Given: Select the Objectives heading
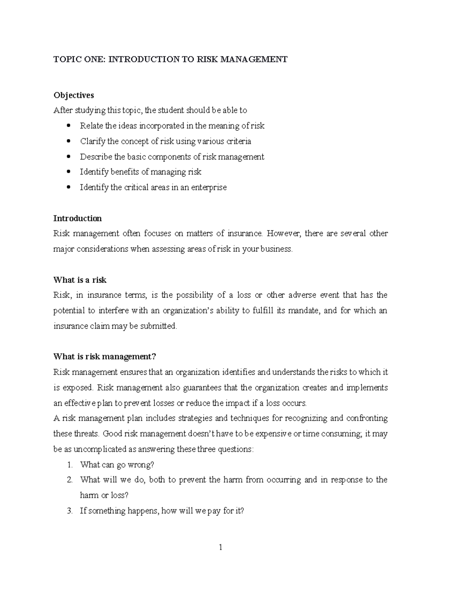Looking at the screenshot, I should coord(74,95).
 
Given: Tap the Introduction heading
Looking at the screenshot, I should coord(77,218).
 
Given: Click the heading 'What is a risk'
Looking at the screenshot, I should coord(80,280).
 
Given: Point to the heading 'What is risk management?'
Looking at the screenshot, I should coord(105,357).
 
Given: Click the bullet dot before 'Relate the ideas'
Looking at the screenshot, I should coord(68,126).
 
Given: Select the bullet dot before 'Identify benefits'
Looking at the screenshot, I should coord(68,172).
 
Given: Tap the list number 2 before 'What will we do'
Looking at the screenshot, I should coord(69,480).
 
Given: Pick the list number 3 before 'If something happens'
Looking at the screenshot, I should coord(69,511).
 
